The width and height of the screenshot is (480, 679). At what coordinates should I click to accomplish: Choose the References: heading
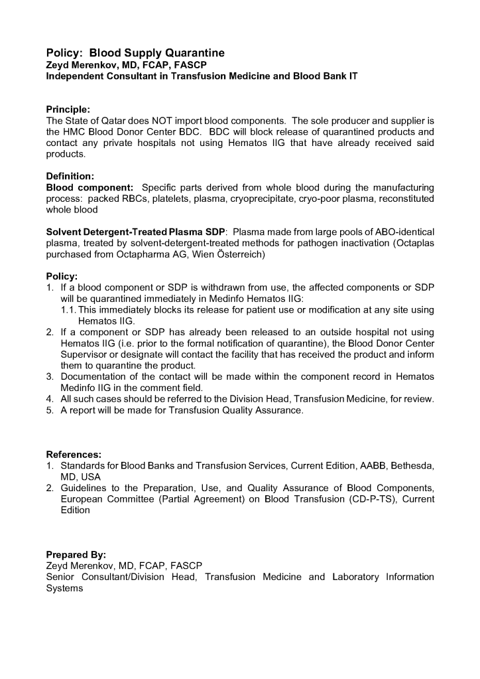point(73,455)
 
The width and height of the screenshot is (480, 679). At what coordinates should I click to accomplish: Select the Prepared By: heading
point(76,554)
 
